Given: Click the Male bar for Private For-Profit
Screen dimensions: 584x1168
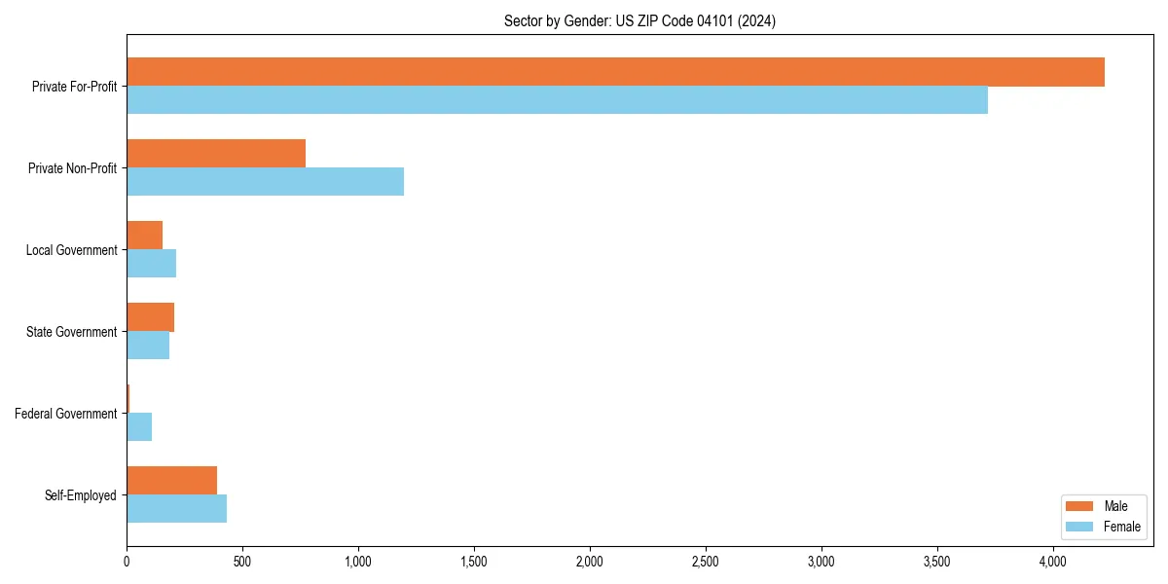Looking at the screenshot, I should (x=615, y=72).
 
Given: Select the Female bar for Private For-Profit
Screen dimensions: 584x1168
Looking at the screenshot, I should (x=557, y=100).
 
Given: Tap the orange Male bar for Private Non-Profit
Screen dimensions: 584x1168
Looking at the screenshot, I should (x=216, y=154).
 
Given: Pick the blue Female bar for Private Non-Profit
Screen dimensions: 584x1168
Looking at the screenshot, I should (x=265, y=182).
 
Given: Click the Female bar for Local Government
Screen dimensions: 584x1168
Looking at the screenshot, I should (x=151, y=264).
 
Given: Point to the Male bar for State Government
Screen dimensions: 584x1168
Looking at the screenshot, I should (x=150, y=317).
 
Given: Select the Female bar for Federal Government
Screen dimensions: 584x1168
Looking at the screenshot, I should (x=139, y=427).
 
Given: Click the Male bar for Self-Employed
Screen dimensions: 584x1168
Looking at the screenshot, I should (x=171, y=481).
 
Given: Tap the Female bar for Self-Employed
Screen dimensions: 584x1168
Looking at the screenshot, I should (x=176, y=509).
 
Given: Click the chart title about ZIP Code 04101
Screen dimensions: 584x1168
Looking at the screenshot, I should (x=639, y=20).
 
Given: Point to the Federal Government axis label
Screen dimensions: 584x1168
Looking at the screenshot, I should (x=65, y=414).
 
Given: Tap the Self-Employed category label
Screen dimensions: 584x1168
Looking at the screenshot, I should (x=80, y=495).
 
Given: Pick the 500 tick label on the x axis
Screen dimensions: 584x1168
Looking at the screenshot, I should (x=242, y=562).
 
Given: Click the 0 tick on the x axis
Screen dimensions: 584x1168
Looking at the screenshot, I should (x=127, y=562).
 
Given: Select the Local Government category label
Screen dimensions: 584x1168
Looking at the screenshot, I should (x=71, y=250).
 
